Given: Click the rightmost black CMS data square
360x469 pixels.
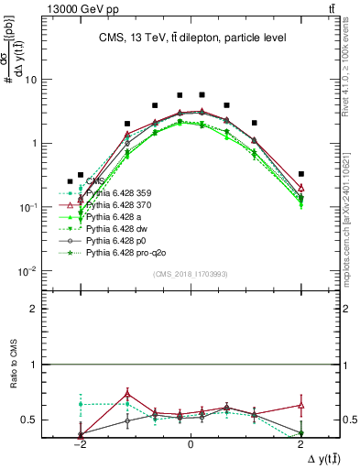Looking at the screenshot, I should point(301,174).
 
